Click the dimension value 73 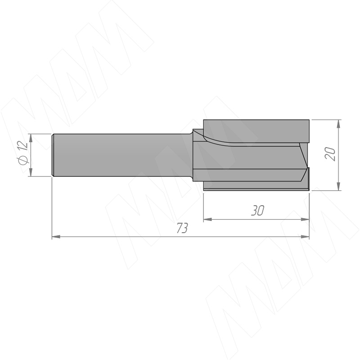pos(183,228)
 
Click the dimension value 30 pos(257,210)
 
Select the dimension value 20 pos(330,154)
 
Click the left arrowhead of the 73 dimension pos(56,237)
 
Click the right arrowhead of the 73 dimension pos(305,237)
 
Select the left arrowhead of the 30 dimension pos(208,220)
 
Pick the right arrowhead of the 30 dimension pos(305,220)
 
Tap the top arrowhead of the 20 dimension pos(338,124)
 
